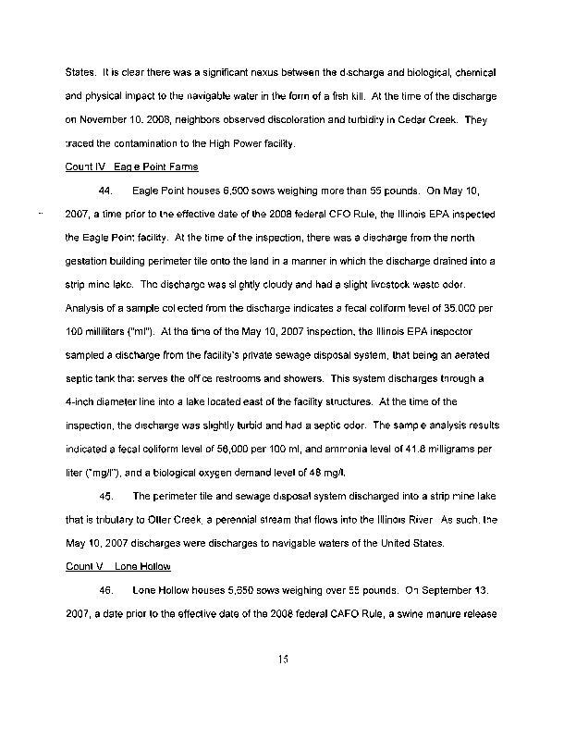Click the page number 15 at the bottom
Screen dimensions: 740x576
pos(283,659)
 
